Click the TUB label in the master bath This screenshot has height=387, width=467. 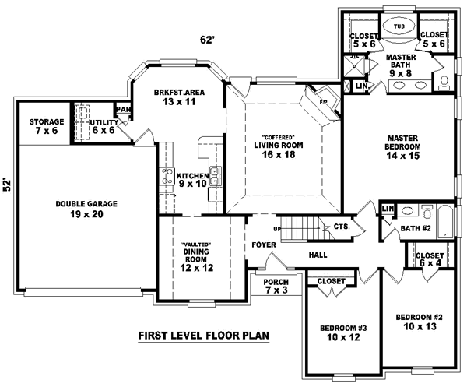(399, 26)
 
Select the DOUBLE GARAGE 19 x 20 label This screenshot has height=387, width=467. (86, 208)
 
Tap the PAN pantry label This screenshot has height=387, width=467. (123, 110)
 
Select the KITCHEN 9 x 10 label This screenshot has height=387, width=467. (191, 180)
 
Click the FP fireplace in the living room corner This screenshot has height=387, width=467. (321, 101)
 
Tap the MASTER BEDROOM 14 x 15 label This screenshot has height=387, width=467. (403, 146)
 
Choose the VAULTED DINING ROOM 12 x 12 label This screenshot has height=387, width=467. (197, 255)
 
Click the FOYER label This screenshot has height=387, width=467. (262, 244)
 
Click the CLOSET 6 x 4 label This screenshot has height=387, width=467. (430, 259)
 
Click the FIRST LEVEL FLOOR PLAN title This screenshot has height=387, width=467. (203, 336)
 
